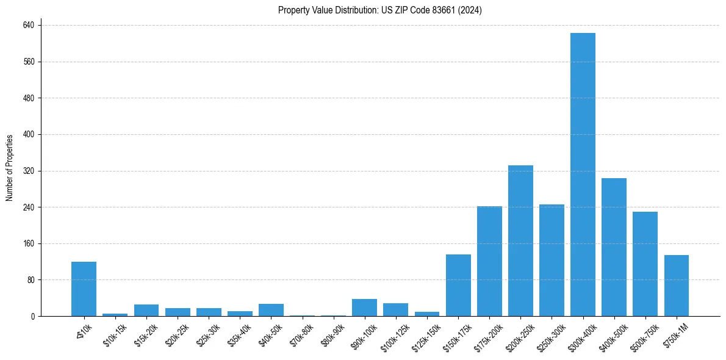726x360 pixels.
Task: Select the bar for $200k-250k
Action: pos(520,241)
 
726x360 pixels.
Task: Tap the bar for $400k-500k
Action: pos(614,247)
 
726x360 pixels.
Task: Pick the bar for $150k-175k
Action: pos(458,286)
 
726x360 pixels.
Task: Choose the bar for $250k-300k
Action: pos(552,261)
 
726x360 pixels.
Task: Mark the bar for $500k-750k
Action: pos(645,264)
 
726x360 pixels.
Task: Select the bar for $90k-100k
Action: pos(364,308)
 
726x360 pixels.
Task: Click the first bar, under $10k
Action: pos(84,289)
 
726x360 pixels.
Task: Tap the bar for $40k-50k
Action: pos(271,310)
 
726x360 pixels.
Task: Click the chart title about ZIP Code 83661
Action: pos(380,10)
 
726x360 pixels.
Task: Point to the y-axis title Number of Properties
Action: pos(10,168)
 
